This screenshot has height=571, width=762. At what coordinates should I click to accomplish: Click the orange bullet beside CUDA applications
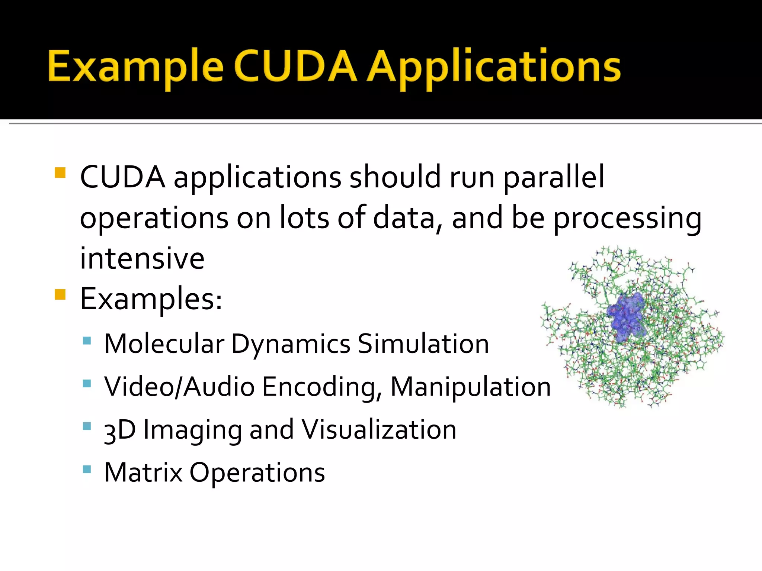(60, 173)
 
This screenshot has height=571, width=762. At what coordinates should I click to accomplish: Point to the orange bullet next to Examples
(60, 294)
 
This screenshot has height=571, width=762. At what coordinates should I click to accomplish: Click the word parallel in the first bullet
(554, 178)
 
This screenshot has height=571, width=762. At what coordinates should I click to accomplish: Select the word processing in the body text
(627, 219)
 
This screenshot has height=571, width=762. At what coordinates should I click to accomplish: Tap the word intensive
(142, 258)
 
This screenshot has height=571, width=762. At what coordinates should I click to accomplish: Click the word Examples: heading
(151, 300)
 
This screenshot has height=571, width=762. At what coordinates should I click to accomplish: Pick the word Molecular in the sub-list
(164, 343)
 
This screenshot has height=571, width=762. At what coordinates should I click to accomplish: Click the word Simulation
(423, 343)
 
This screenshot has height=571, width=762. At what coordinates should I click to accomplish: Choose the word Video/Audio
(180, 387)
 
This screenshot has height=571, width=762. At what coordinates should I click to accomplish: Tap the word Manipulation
(470, 387)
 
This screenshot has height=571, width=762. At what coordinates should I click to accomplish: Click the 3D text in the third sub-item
(120, 430)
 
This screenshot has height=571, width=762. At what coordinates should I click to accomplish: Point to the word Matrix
(143, 472)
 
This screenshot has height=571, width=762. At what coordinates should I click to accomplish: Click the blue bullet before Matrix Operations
(87, 469)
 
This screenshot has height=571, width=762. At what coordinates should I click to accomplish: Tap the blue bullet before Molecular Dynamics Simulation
(87, 340)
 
